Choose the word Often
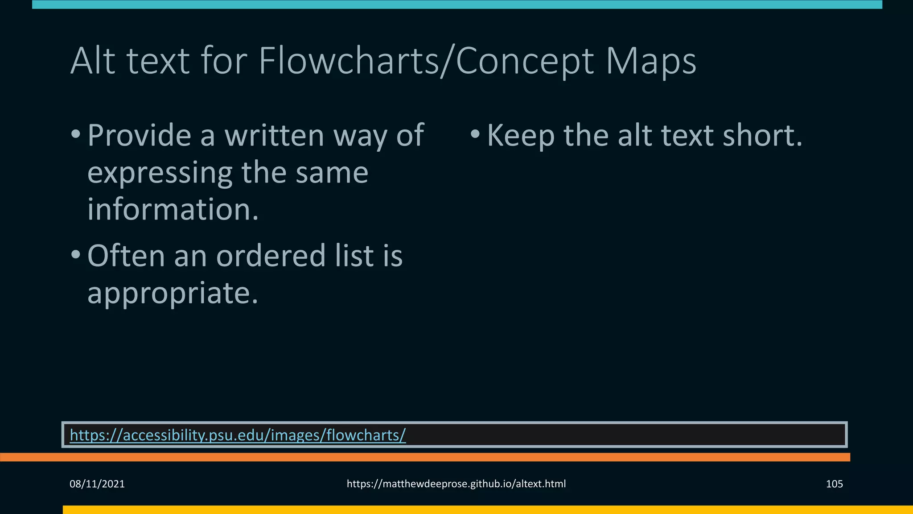(x=126, y=256)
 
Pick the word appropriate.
(x=173, y=293)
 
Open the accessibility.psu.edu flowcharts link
(x=238, y=435)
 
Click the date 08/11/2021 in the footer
(x=97, y=484)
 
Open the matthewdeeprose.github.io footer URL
(x=456, y=484)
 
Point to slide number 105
(x=834, y=484)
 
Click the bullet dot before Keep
(x=475, y=134)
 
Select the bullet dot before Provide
(x=76, y=134)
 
